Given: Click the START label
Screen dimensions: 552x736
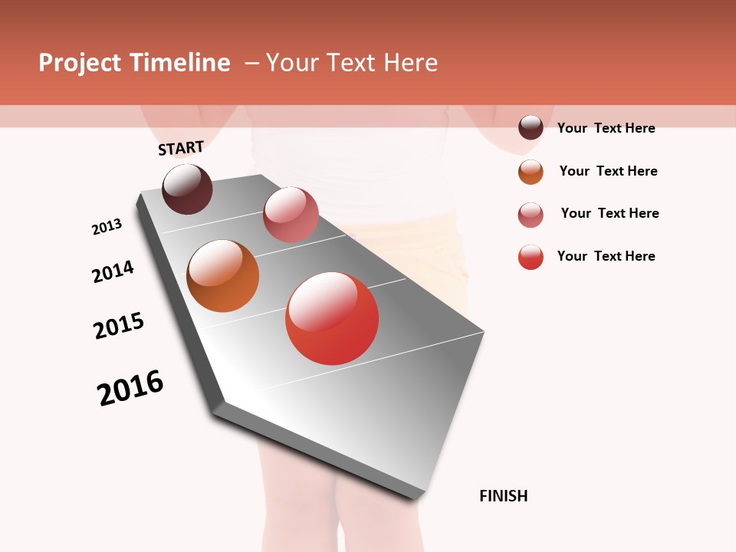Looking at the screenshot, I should [181, 148].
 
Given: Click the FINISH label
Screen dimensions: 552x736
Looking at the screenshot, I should [503, 496].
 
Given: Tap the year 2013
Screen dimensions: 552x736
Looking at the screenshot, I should [107, 227].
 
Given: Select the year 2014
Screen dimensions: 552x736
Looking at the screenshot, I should [113, 271].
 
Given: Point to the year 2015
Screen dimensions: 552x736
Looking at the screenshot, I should [119, 326].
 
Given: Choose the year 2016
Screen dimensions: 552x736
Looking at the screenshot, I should [130, 388].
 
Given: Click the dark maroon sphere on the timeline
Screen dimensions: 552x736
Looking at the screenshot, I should [187, 189].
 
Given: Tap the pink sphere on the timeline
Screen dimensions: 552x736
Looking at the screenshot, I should [291, 215].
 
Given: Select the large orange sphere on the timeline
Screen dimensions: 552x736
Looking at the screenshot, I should [223, 276].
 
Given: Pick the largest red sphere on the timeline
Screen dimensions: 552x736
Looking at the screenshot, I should [332, 318].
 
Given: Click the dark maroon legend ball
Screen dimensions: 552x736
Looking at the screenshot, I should [531, 127].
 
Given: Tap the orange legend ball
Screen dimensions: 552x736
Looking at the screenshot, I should [531, 172].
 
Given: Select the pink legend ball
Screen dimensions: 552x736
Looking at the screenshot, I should [531, 215].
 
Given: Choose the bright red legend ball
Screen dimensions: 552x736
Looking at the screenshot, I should [531, 257].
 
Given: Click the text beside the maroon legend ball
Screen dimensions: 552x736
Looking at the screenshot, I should [606, 128].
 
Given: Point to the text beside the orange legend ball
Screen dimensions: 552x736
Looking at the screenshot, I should [608, 171].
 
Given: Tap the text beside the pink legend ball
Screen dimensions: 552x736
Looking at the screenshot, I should [609, 213].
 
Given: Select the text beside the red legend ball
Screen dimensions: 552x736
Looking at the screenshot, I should [606, 256].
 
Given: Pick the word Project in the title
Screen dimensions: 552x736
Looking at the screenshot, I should [80, 63].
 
